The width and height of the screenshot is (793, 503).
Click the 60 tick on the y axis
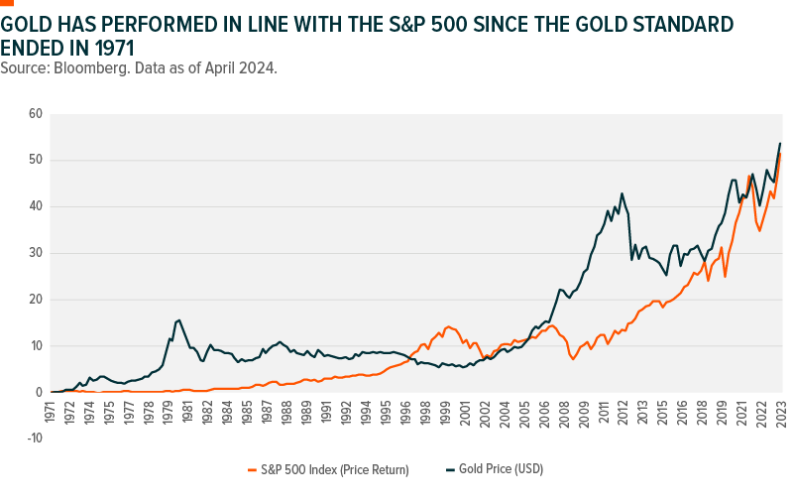[36, 114]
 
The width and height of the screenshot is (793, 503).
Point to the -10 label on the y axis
[34, 439]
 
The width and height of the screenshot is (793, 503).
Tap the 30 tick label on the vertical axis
[36, 253]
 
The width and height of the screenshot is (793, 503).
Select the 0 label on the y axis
[39, 392]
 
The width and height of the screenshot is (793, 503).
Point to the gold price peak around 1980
[178, 319]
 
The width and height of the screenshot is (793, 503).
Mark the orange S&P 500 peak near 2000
[448, 325]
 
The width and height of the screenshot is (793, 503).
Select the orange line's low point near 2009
[573, 358]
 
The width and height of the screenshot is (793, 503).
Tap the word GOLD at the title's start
[25, 23]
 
